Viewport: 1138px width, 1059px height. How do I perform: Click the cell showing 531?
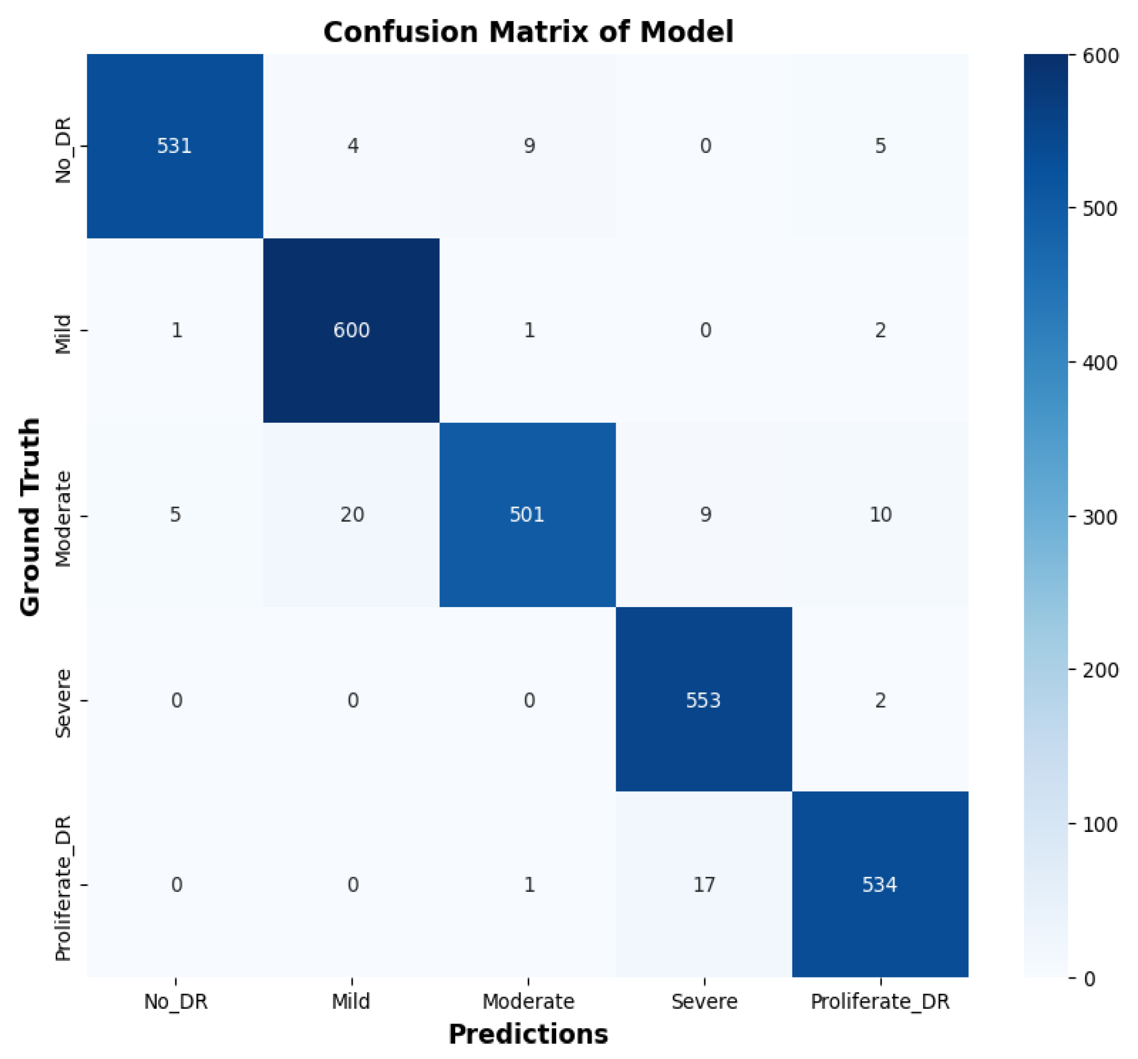tap(175, 146)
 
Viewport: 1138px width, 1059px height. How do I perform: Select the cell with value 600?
tap(351, 330)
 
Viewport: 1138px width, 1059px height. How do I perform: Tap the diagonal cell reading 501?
tap(527, 514)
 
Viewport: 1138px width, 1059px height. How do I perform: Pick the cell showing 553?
tap(703, 700)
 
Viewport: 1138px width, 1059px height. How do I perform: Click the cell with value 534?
tap(880, 885)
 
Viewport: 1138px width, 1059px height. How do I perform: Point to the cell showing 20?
tap(352, 514)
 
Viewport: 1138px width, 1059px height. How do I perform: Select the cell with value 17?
tap(704, 885)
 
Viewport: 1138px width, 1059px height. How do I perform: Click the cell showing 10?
tap(880, 514)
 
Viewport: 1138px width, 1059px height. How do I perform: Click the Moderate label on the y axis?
tap(63, 519)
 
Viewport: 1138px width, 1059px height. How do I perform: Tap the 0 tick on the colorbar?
tap(1090, 980)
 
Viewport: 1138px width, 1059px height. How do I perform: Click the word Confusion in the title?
tap(400, 32)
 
